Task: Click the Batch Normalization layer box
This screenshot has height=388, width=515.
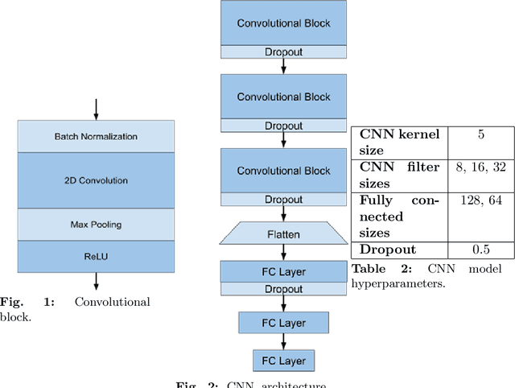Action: pos(96,136)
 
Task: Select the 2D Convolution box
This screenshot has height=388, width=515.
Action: pos(96,180)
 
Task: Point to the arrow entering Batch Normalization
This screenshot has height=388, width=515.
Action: pos(96,109)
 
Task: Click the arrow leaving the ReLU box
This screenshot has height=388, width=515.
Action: pos(96,281)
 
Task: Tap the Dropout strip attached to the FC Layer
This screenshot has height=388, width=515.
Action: pos(283,287)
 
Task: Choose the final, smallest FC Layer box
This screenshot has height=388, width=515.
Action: pos(283,360)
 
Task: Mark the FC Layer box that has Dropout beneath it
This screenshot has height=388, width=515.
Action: pos(283,270)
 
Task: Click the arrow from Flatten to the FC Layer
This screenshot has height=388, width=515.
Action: pos(283,252)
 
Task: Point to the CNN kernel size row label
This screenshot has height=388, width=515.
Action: pos(399,142)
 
